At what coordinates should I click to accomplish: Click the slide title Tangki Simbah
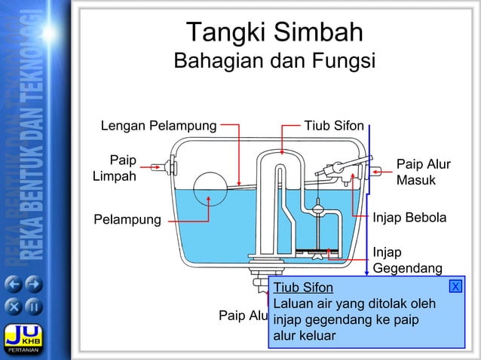pyautogui.click(x=274, y=32)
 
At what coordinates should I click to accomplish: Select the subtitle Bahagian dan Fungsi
pyautogui.click(x=274, y=62)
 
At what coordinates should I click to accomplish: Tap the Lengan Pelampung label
pyautogui.click(x=158, y=125)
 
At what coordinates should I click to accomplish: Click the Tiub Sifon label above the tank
pyautogui.click(x=333, y=125)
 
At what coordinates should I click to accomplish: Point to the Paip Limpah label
pyautogui.click(x=115, y=169)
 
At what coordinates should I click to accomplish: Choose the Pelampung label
pyautogui.click(x=127, y=220)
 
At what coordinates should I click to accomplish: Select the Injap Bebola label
pyautogui.click(x=409, y=218)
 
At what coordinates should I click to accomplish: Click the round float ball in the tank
pyautogui.click(x=210, y=188)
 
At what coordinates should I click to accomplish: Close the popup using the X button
pyautogui.click(x=455, y=286)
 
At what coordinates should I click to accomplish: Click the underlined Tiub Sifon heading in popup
pyautogui.click(x=303, y=288)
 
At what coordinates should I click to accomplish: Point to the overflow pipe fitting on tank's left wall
pyautogui.click(x=164, y=166)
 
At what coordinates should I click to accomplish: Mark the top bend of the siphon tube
pyautogui.click(x=271, y=156)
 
